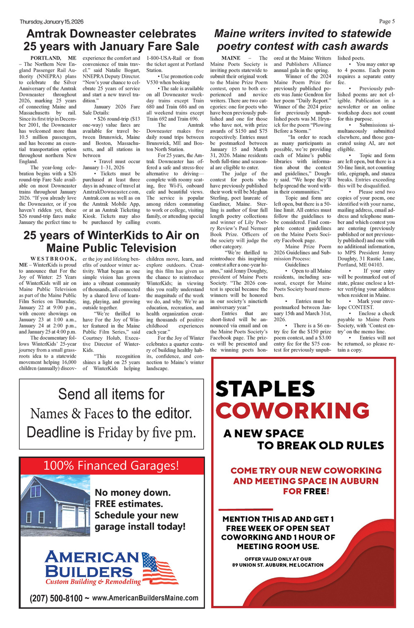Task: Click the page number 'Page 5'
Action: pyautogui.click(x=387, y=22)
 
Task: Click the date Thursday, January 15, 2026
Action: pyautogui.click(x=51, y=22)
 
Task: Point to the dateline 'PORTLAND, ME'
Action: pyautogui.click(x=53, y=58)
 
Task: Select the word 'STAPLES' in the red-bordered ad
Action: pyautogui.click(x=265, y=389)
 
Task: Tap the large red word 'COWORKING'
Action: pyautogui.click(x=292, y=411)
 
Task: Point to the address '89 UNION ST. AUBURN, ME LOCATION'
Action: pyautogui.click(x=278, y=565)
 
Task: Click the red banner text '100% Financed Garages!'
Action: pyautogui.click(x=111, y=466)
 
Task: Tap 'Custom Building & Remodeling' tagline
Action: pyautogui.click(x=93, y=582)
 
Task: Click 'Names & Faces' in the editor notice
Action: pyautogui.click(x=72, y=413)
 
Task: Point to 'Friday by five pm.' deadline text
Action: pyautogui.click(x=147, y=433)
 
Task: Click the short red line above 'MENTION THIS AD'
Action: pyautogui.click(x=246, y=509)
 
